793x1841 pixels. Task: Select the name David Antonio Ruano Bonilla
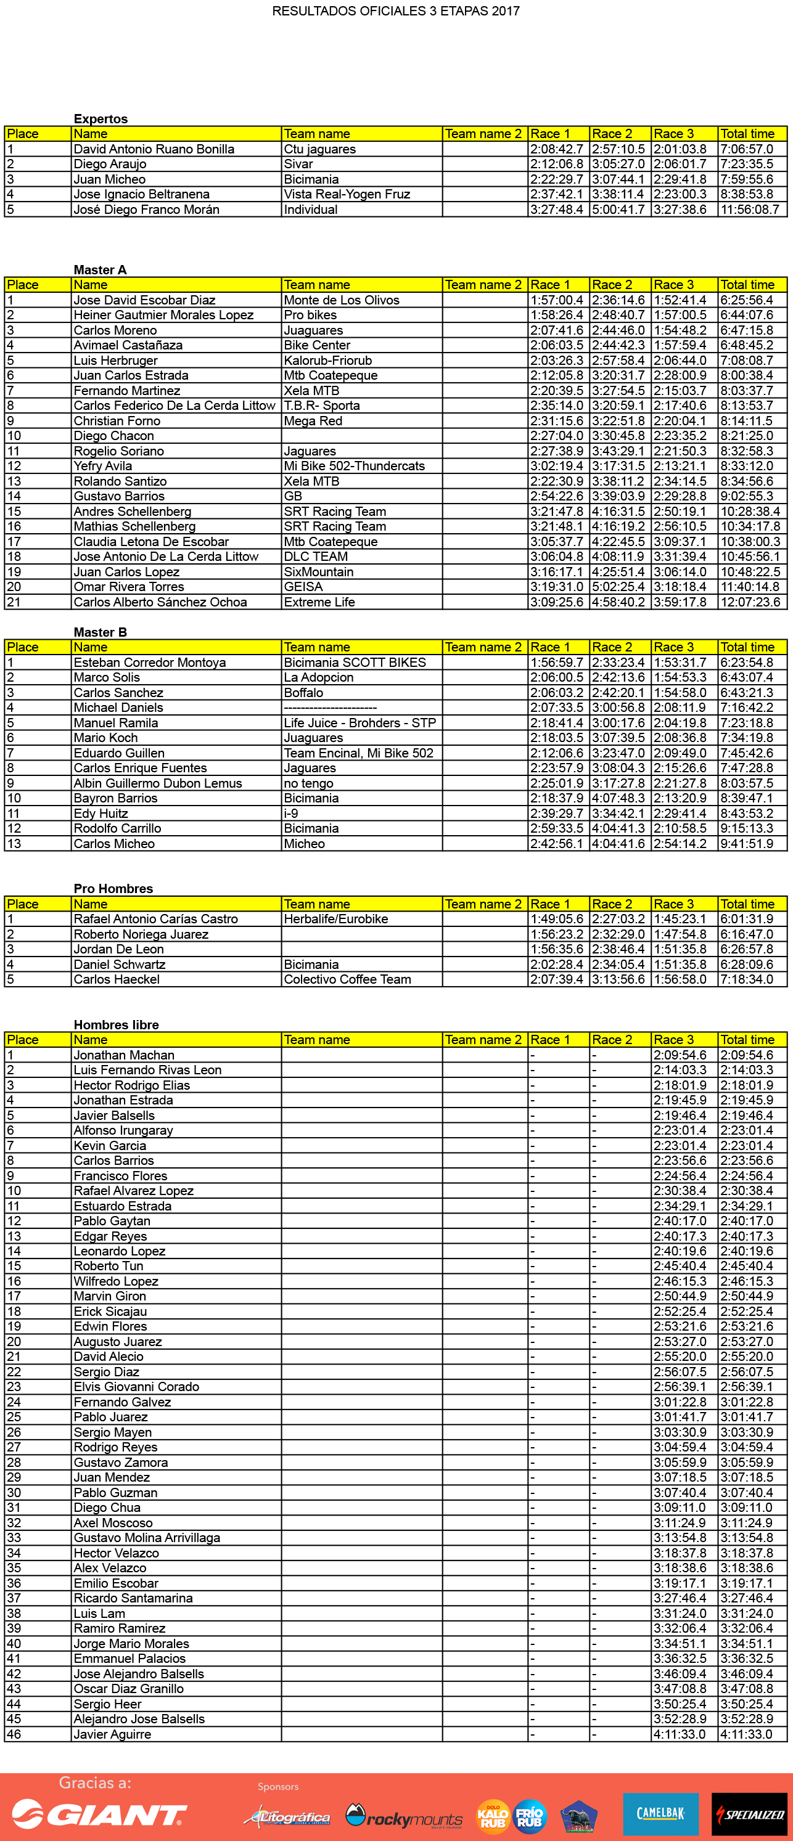154,149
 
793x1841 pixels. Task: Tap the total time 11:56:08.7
749,210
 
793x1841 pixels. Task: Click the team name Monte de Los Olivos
341,300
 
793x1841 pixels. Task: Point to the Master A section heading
99,269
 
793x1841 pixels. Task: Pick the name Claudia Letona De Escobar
151,542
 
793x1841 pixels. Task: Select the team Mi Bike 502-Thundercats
354,466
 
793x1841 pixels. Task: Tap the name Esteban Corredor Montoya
149,663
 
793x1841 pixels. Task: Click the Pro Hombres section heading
113,888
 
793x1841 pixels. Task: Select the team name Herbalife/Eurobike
335,919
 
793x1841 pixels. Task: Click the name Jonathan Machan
124,1055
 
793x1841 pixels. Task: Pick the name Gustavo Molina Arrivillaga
147,1537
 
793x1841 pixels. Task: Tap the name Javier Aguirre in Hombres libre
112,1734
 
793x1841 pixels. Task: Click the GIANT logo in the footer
99,1814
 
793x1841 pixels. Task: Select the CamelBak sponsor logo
660,1813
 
